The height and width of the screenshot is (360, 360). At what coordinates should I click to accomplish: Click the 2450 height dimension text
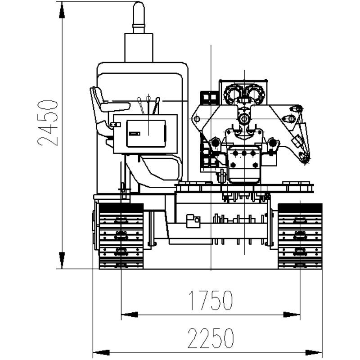[47, 123]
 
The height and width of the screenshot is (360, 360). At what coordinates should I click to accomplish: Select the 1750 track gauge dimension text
[210, 300]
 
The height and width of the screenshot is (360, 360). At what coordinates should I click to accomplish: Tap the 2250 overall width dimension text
[211, 338]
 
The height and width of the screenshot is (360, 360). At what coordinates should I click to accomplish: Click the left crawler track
[121, 236]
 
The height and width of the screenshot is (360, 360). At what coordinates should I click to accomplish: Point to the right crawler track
[300, 236]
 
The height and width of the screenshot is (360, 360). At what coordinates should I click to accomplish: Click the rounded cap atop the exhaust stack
[139, 13]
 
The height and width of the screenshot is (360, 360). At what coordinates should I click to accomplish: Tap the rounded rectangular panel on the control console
[146, 133]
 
